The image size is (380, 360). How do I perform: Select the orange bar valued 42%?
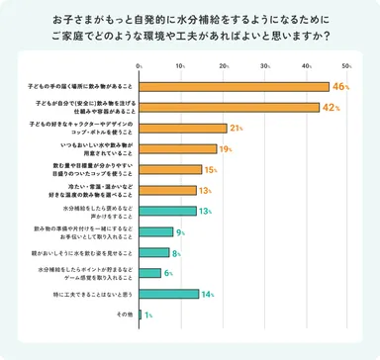(227, 108)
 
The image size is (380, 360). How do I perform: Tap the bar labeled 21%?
(183, 129)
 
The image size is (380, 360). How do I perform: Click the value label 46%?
(341, 87)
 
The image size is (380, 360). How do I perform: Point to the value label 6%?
(169, 273)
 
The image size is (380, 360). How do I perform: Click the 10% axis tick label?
(181, 68)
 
